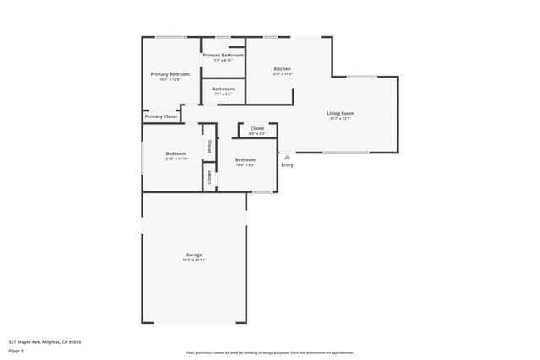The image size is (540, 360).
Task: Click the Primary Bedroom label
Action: coord(170,74)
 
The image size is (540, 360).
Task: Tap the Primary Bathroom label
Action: coord(223,56)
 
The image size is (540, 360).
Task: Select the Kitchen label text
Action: coord(282,68)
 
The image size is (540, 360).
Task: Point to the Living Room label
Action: coord(340,113)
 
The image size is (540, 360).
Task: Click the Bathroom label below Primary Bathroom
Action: coord(223,89)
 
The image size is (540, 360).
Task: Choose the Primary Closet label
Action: coord(160,116)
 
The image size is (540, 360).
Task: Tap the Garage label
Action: coord(194,255)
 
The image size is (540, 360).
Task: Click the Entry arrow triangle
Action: coord(287,156)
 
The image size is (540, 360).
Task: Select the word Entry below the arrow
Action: coord(287,165)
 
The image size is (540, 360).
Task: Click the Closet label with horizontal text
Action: coord(257,128)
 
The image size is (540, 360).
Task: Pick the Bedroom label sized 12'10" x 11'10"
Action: coord(175,153)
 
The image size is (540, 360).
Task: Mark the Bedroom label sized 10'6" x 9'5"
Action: coord(245,159)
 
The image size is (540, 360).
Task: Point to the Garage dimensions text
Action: coord(194,261)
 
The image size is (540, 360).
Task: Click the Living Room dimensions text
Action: coord(340,119)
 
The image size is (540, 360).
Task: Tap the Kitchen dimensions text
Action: coord(282,74)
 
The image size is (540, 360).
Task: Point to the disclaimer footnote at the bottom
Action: coord(270,353)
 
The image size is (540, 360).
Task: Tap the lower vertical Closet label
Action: coord(208,177)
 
